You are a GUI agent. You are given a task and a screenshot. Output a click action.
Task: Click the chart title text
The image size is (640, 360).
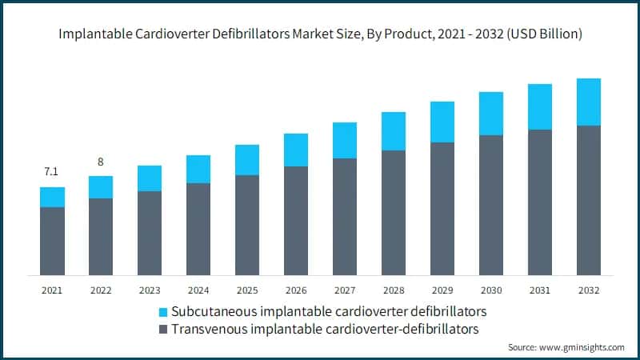pyautogui.click(x=319, y=34)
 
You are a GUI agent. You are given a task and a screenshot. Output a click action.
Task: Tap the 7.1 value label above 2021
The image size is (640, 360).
pyautogui.click(x=52, y=172)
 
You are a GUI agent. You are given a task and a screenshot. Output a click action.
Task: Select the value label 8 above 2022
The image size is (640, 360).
pyautogui.click(x=101, y=162)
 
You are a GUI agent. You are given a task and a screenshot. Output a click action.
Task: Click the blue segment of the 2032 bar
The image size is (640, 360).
pyautogui.click(x=588, y=102)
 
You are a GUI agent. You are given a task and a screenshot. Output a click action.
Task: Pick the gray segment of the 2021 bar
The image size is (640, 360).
pyautogui.click(x=52, y=241)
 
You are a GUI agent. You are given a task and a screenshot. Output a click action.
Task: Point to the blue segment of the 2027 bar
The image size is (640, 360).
pyautogui.click(x=345, y=140)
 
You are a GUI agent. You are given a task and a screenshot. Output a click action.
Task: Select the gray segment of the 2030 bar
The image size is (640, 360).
pyautogui.click(x=491, y=205)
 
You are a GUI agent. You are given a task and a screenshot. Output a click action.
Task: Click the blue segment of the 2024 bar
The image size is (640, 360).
pyautogui.click(x=198, y=169)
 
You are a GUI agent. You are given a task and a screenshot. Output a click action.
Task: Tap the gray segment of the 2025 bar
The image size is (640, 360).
pyautogui.click(x=247, y=225)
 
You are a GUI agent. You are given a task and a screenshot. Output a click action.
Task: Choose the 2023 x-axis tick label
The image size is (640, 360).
pyautogui.click(x=150, y=290)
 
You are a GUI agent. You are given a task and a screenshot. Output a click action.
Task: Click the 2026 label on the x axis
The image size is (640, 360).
pyautogui.click(x=296, y=290)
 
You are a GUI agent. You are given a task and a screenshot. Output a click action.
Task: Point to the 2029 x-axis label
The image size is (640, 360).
pyautogui.click(x=442, y=290)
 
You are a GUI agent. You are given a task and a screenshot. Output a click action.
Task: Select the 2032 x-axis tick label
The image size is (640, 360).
pyautogui.click(x=588, y=290)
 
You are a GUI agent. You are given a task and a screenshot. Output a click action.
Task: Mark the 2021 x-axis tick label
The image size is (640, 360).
pyautogui.click(x=52, y=290)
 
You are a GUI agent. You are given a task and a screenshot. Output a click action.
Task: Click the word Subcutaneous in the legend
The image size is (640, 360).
pyautogui.click(x=211, y=310)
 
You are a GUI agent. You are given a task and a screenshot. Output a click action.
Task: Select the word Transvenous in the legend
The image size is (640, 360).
pyautogui.click(x=207, y=328)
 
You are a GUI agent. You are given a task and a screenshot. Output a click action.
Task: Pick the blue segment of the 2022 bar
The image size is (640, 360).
pyautogui.click(x=101, y=187)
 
